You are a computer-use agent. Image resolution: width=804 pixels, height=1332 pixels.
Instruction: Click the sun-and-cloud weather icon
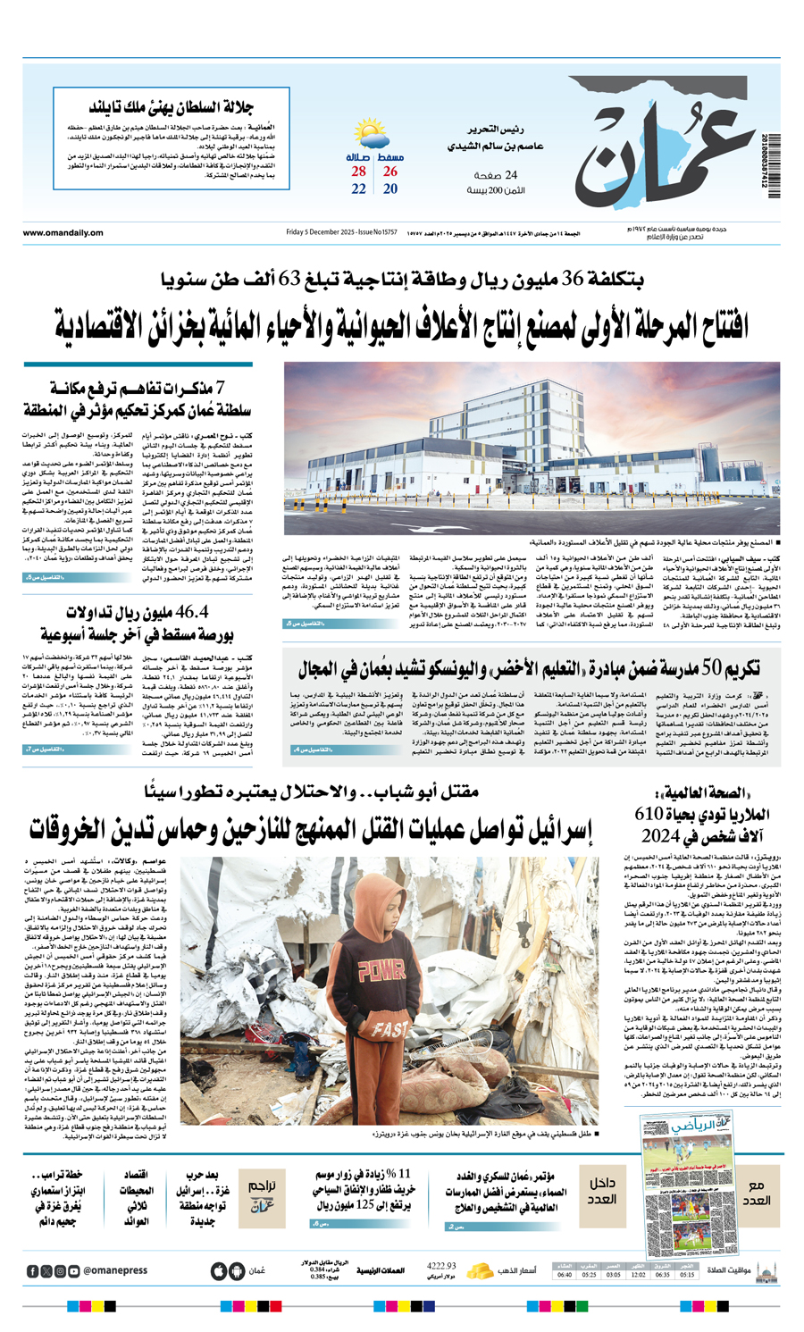[x=373, y=136]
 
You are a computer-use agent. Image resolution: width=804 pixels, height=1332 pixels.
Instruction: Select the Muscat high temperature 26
[x=390, y=172]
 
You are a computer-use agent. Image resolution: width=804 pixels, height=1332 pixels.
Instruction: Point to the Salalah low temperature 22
[x=359, y=189]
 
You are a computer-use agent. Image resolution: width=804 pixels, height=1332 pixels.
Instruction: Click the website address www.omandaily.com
[x=63, y=233]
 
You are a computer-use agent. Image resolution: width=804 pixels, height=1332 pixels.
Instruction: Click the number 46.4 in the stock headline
[x=187, y=612]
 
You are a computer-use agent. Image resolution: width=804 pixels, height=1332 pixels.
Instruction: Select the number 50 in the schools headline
[x=711, y=666]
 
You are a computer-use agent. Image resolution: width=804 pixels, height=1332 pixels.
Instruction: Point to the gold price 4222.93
[x=441, y=1267]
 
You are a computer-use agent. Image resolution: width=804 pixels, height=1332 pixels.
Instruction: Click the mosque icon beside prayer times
[x=766, y=1270]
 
